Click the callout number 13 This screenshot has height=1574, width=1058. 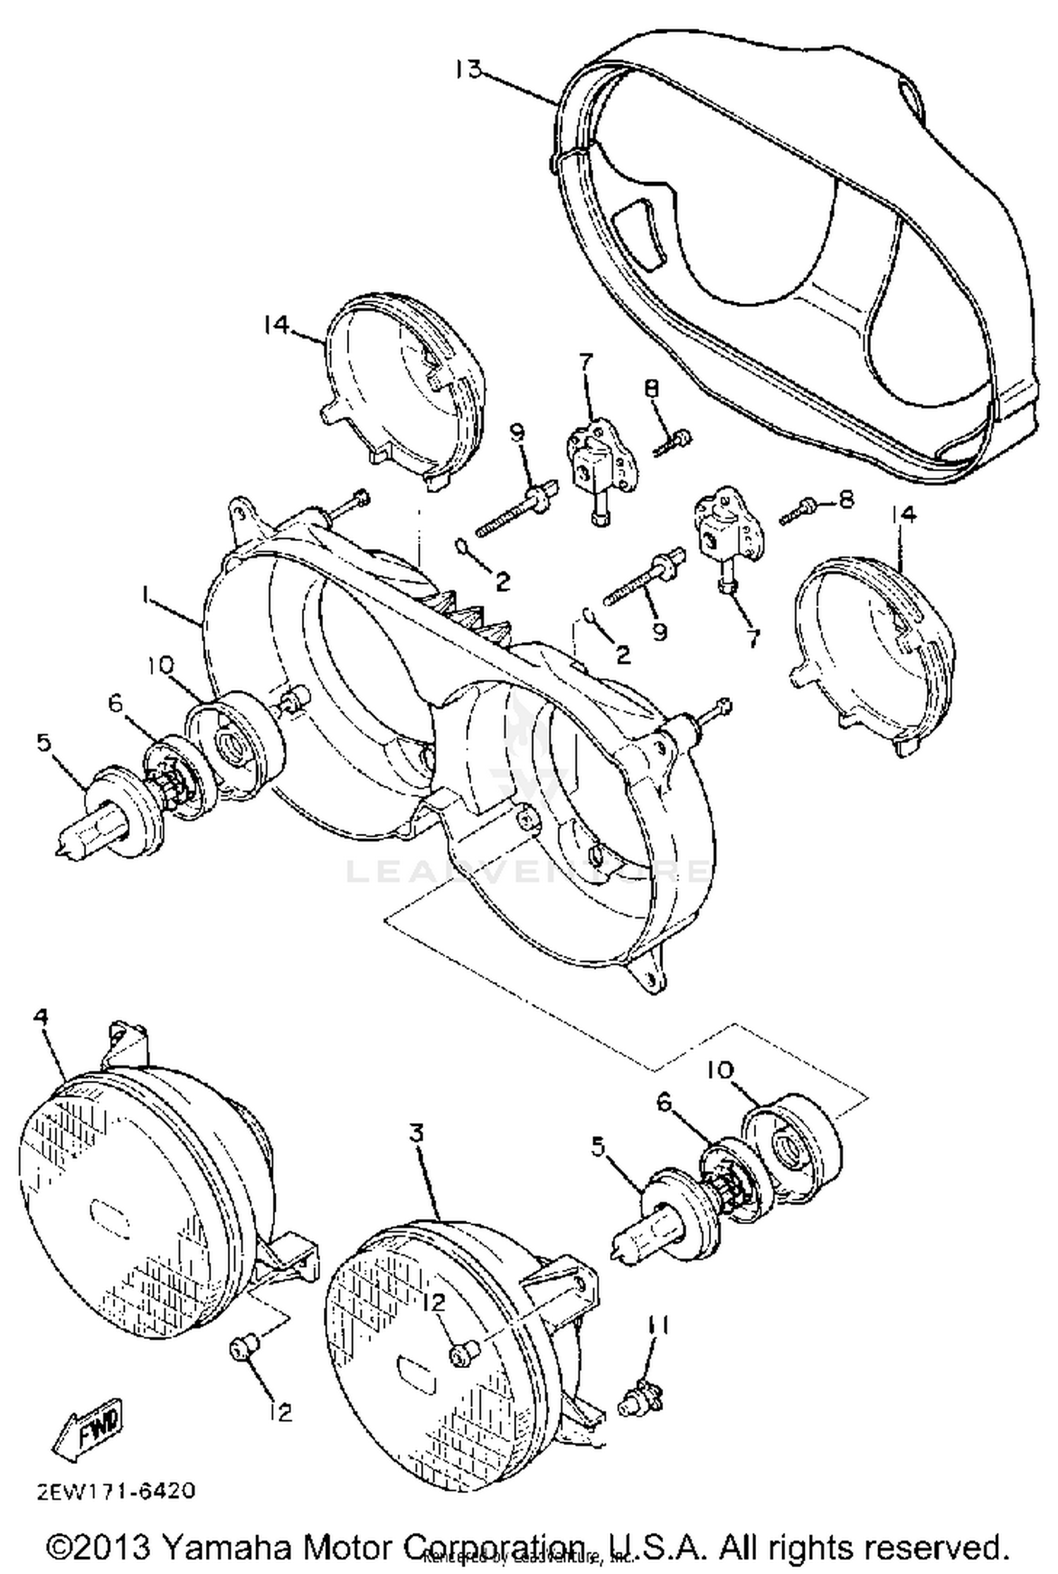467,70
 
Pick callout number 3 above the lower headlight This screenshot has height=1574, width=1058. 417,1134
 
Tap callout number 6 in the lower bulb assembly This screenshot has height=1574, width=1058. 665,1101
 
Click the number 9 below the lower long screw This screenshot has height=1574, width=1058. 659,631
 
